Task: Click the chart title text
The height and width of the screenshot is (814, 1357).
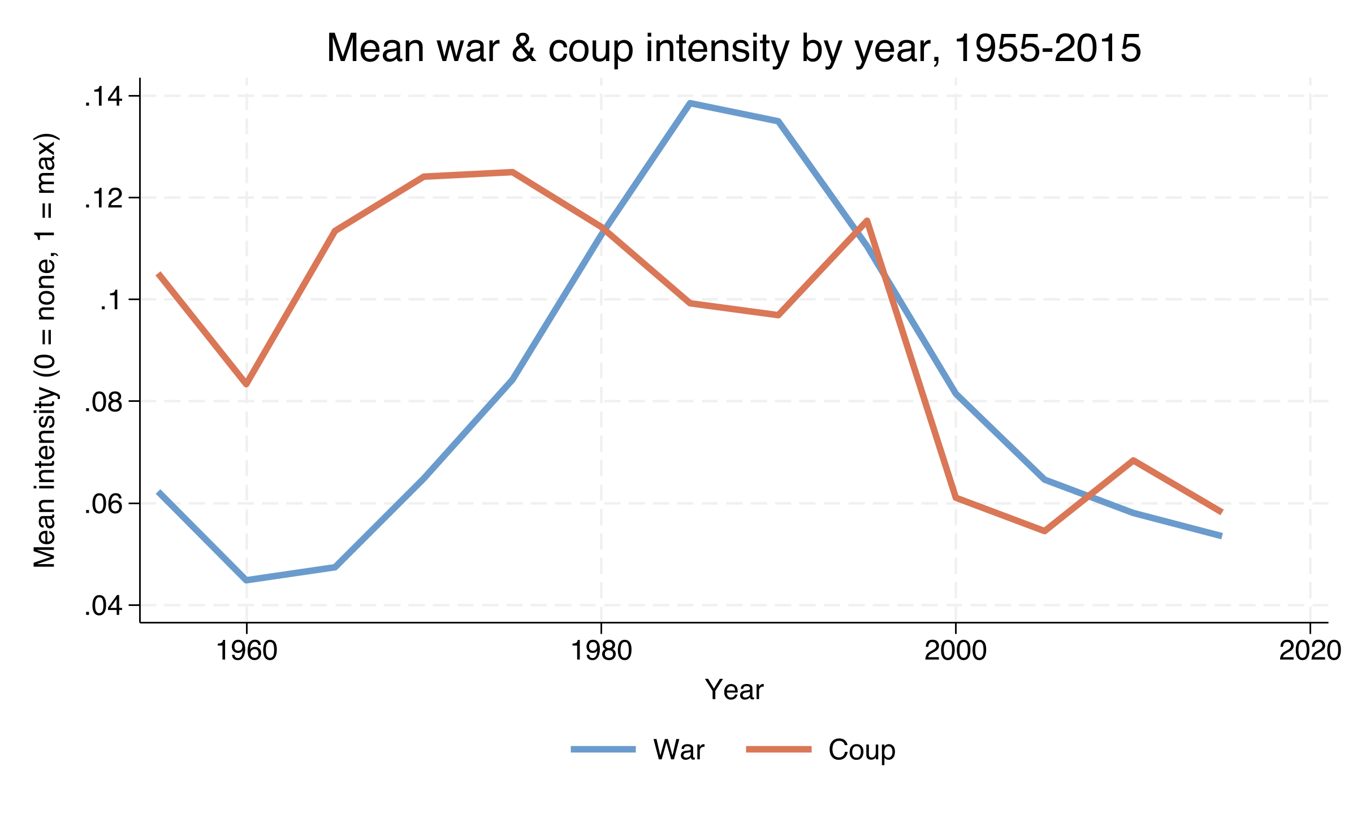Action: pos(734,49)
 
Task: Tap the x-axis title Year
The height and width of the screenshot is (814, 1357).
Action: pos(734,690)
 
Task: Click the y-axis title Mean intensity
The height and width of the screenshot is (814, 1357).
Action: pos(45,350)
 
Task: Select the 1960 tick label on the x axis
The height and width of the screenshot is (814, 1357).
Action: pos(247,651)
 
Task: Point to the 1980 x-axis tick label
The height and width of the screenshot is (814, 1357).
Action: pos(601,651)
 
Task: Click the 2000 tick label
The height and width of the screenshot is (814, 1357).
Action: pos(956,651)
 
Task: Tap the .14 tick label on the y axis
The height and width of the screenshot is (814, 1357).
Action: pos(103,97)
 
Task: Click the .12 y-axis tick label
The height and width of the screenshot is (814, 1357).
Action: pos(103,198)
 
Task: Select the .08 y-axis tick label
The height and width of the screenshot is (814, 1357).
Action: pos(103,402)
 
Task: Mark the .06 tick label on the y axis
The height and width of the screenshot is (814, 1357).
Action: pos(103,504)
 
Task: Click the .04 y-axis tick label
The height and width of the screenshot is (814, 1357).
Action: pos(103,605)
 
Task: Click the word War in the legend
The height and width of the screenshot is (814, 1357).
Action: pos(678,750)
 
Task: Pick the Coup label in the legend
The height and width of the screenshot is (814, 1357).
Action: pos(862,750)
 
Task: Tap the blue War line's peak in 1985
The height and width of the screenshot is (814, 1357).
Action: pos(690,103)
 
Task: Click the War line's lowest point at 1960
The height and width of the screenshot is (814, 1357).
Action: pos(247,580)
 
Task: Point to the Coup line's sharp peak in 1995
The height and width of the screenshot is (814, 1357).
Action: pos(867,220)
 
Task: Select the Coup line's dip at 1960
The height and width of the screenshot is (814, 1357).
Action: pos(247,384)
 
